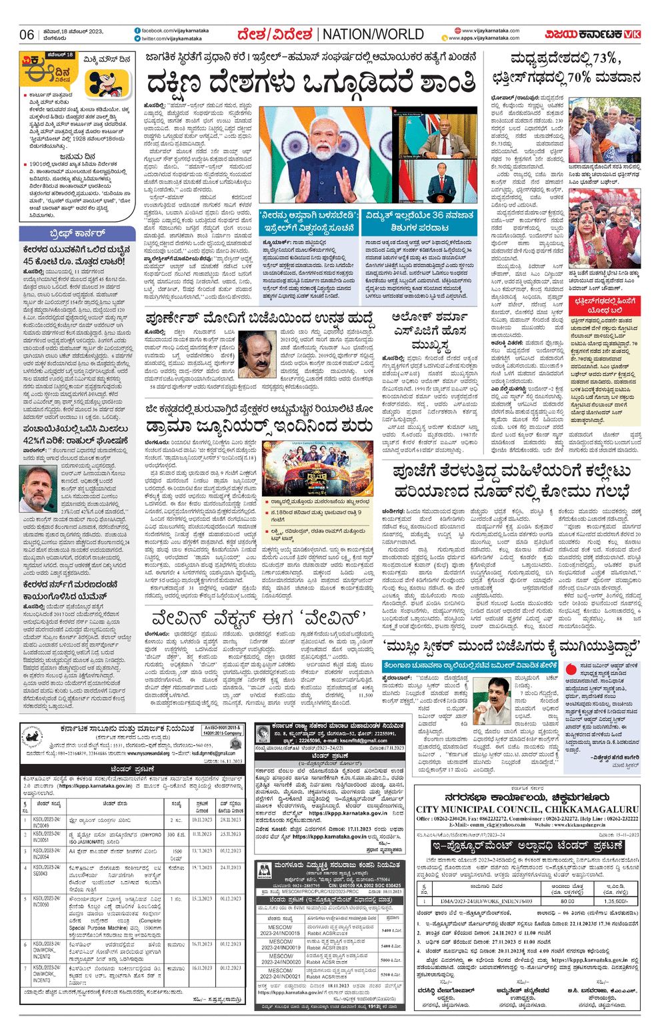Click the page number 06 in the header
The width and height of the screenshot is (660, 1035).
[x=26, y=35]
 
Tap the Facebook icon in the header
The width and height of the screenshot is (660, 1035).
[x=137, y=31]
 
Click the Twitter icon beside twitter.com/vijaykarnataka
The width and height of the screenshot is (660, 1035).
[x=137, y=39]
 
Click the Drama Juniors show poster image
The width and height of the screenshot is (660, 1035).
[x=317, y=466]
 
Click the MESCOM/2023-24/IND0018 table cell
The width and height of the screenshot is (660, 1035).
[x=280, y=930]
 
